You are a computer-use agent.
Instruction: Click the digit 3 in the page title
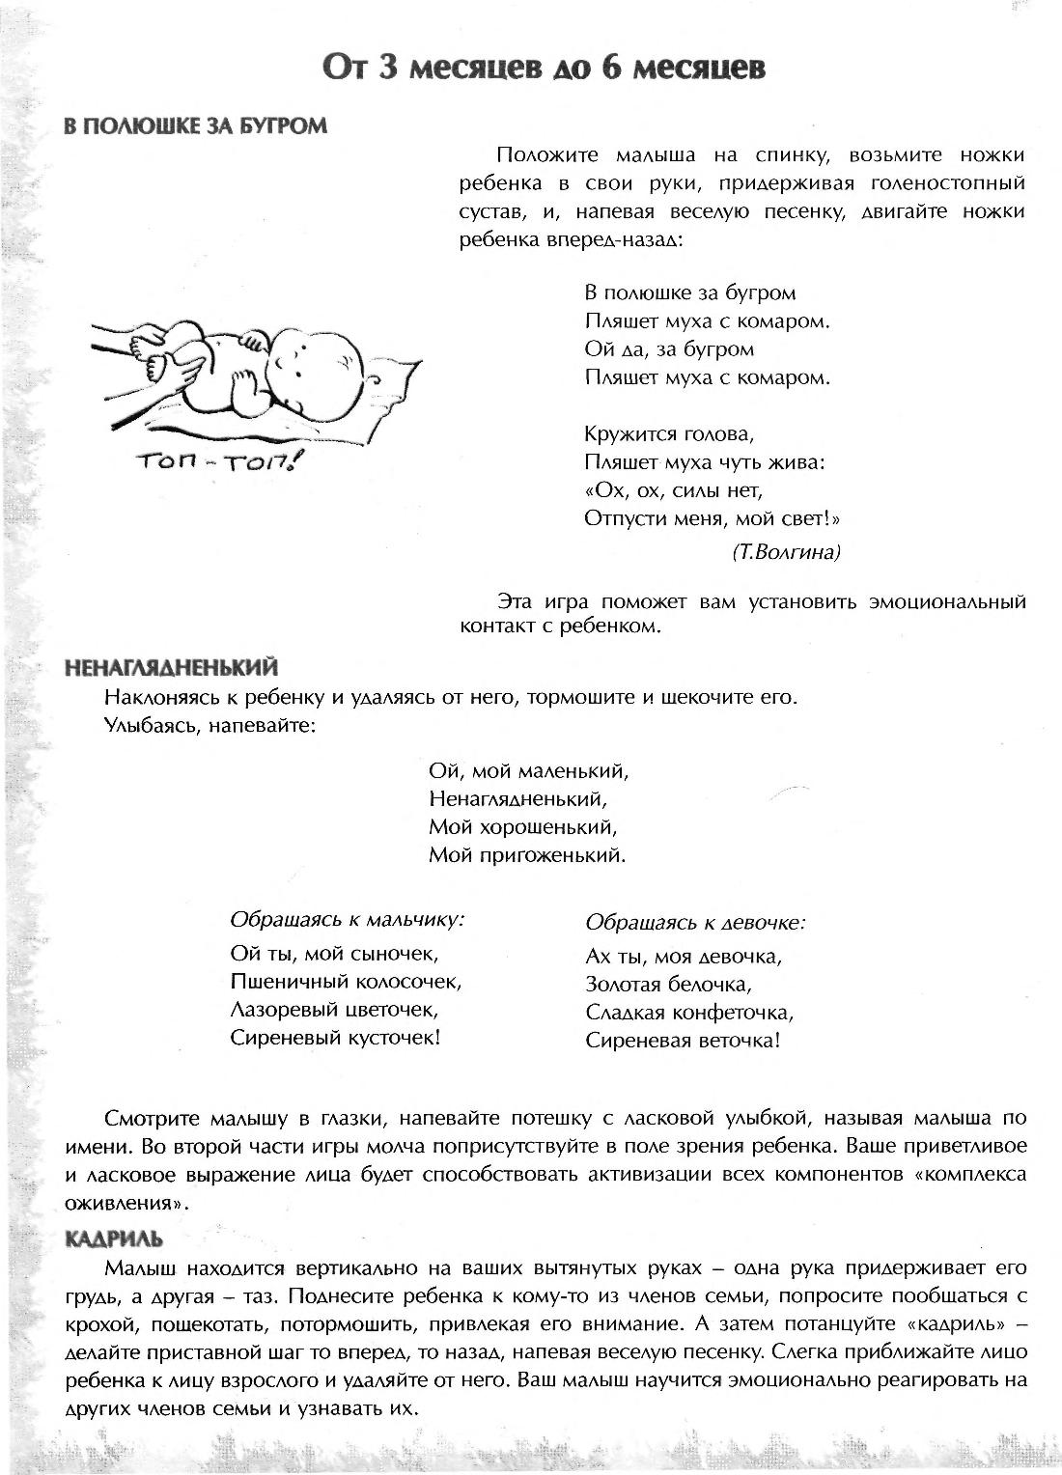(386, 69)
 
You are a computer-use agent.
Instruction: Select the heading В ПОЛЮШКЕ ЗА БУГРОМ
(195, 126)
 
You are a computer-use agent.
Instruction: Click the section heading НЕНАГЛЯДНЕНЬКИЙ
(170, 667)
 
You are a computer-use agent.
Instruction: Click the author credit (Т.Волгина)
(787, 552)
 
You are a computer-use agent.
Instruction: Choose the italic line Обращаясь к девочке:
(695, 922)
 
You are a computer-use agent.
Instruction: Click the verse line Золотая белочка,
(668, 985)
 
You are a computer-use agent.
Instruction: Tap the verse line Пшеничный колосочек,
(347, 983)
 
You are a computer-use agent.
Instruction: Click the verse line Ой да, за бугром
(669, 348)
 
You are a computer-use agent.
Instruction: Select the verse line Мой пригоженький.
(527, 855)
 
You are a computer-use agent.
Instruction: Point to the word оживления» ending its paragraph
(126, 1204)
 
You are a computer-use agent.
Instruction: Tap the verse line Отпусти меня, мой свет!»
(713, 518)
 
